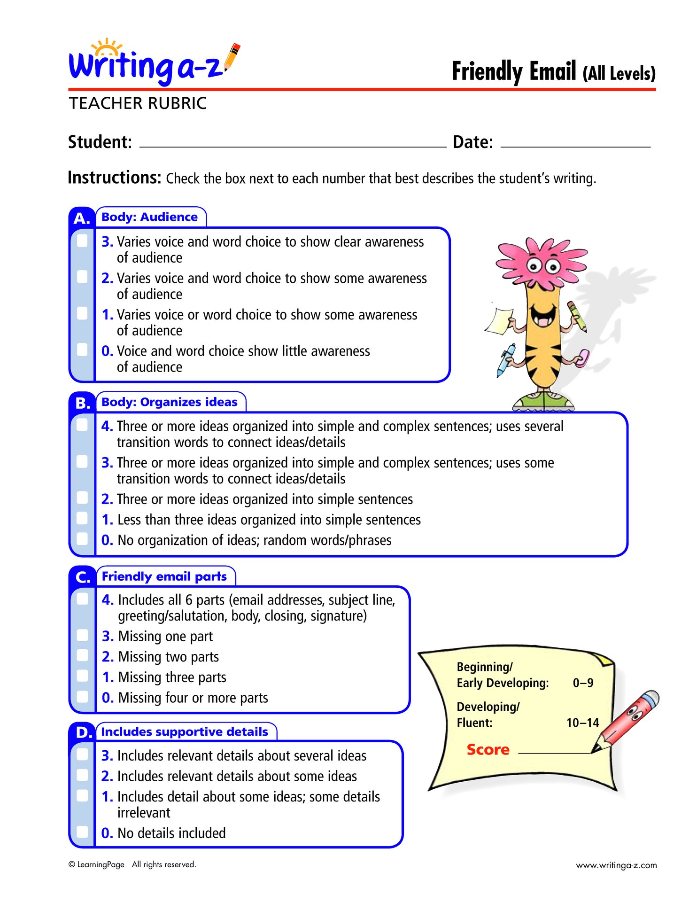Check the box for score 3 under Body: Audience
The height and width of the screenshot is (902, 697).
82,241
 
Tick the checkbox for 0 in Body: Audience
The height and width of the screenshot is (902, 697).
82,350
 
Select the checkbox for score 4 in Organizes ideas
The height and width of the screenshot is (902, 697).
82,425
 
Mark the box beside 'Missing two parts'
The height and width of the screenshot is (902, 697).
82,656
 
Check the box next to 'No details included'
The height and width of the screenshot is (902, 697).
82,832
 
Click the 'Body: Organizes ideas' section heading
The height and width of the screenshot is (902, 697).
170,402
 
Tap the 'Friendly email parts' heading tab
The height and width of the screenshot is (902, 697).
164,576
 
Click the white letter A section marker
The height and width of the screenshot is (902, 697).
82,218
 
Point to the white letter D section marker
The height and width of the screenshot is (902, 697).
83,732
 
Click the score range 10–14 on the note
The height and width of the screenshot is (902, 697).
582,723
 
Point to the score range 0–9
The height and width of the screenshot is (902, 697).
583,683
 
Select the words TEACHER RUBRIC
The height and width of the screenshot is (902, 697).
138,103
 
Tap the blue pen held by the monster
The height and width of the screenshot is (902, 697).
505,360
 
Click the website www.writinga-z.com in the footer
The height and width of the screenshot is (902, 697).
616,865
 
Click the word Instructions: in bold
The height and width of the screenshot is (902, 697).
115,178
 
